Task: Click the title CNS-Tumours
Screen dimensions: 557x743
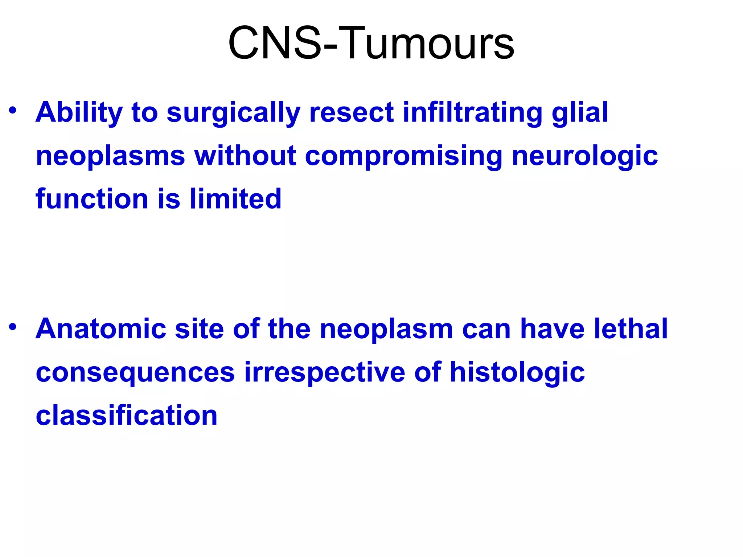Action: pyautogui.click(x=371, y=44)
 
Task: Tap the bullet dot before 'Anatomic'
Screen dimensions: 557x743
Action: pyautogui.click(x=13, y=327)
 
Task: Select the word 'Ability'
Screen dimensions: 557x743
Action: pyautogui.click(x=79, y=112)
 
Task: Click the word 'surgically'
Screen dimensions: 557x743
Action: pyautogui.click(x=233, y=113)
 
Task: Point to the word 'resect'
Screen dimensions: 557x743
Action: pyautogui.click(x=351, y=112)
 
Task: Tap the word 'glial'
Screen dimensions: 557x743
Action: pyautogui.click(x=579, y=112)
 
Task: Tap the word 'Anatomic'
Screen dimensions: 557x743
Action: pyautogui.click(x=101, y=329)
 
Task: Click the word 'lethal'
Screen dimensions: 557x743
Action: pyautogui.click(x=631, y=329)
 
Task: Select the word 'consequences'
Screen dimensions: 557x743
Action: pyautogui.click(x=135, y=373)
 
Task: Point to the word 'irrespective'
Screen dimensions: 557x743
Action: pyautogui.click(x=324, y=373)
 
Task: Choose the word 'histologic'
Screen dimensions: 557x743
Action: pyautogui.click(x=517, y=373)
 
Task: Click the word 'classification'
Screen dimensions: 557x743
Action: pyautogui.click(x=127, y=416)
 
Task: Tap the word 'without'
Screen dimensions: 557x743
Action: pyautogui.click(x=245, y=156)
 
